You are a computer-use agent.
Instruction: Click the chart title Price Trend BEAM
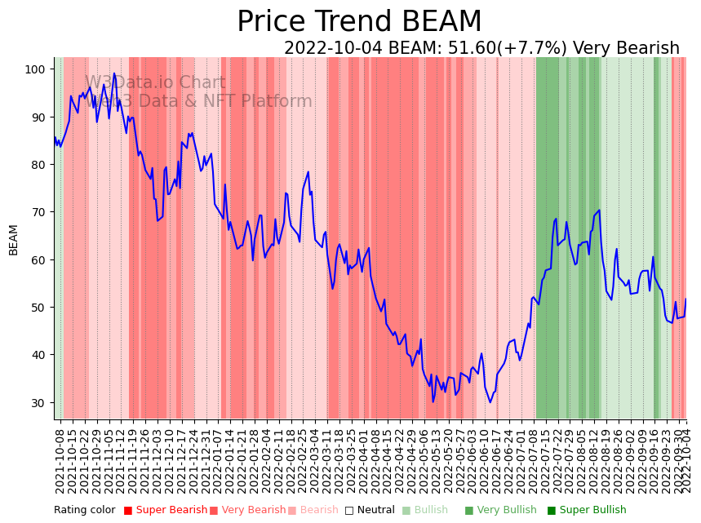point(359,22)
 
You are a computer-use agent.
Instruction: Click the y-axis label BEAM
point(14,240)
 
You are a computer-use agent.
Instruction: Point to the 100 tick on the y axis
point(34,69)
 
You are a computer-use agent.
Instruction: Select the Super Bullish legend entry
point(587,510)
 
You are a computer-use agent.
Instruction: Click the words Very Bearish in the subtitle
point(626,49)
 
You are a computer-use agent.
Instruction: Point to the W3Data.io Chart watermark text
point(155,82)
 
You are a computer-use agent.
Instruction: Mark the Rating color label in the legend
point(85,510)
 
